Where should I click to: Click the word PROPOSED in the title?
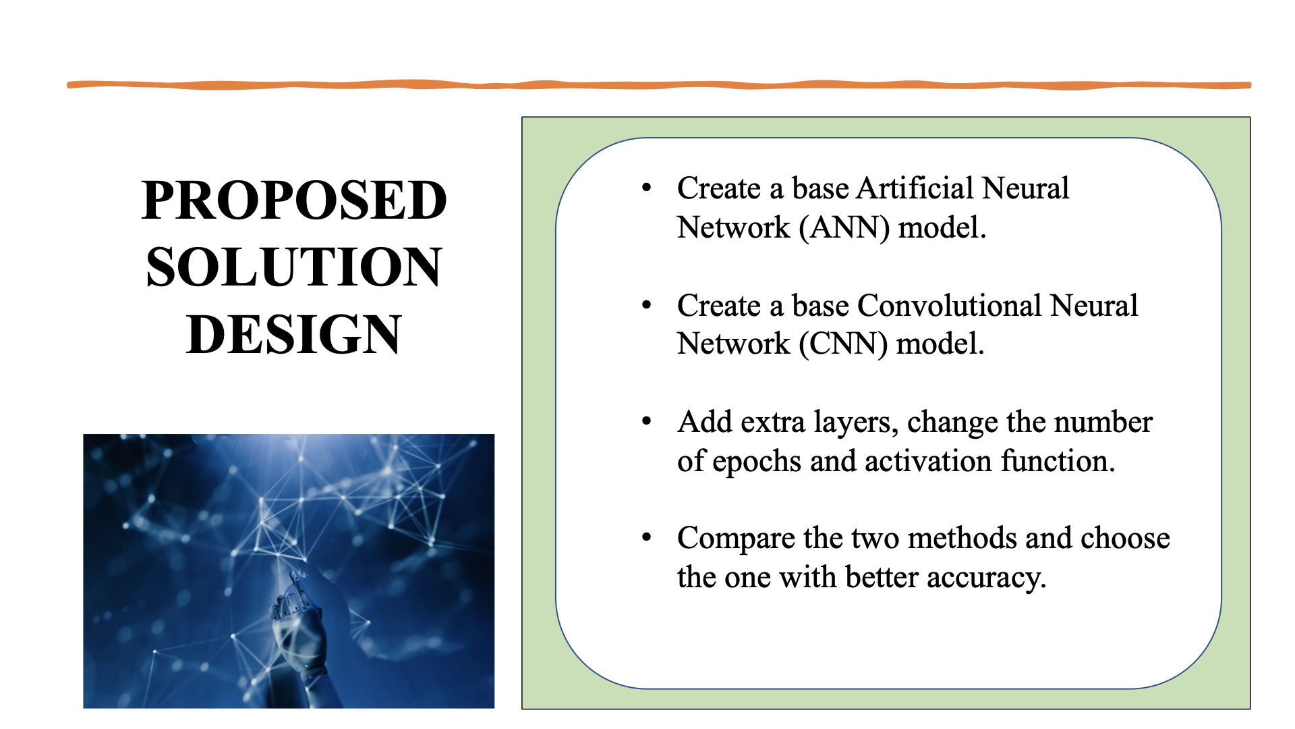[x=294, y=200]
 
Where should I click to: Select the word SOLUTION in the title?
[x=294, y=267]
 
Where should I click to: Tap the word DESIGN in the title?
[x=294, y=334]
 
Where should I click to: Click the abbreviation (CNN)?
[x=843, y=344]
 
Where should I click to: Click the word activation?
[x=928, y=461]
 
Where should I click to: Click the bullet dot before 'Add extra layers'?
[x=647, y=421]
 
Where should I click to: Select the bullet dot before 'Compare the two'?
[x=647, y=537]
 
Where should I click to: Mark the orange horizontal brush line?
[x=658, y=85]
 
